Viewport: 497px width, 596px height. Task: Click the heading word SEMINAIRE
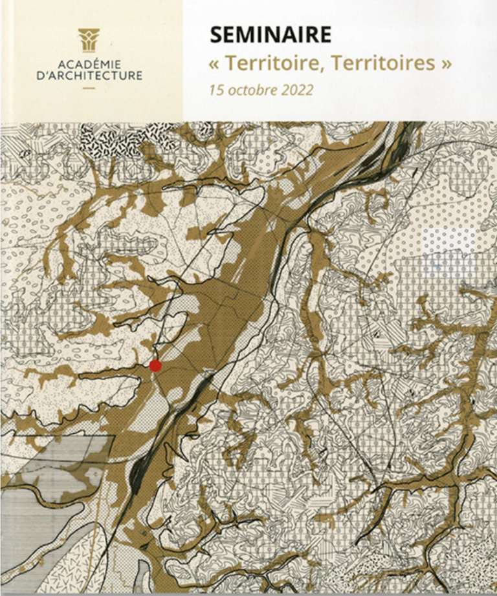271,34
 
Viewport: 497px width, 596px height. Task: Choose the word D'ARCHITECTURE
89,76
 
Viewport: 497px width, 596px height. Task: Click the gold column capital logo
89,40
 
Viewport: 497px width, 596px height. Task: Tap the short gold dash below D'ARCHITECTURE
89,88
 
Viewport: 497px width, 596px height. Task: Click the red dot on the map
155,366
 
